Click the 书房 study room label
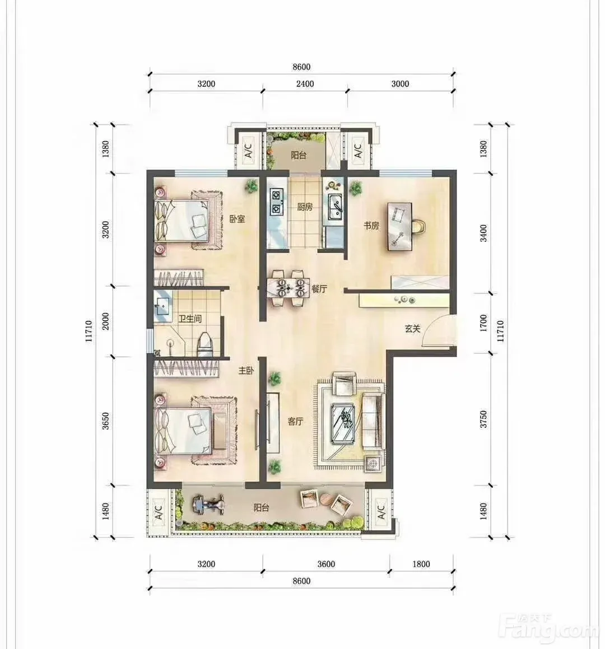pos(371,226)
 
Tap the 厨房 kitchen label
pos(305,207)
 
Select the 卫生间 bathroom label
pos(190,319)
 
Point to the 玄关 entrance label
pos(412,329)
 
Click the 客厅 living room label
pos(296,421)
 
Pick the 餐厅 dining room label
pos(319,289)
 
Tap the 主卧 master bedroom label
pos(246,371)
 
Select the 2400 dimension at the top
pos(305,83)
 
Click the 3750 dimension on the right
pos(483,419)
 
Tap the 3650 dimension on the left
pos(106,421)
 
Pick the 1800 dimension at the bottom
pos(421,564)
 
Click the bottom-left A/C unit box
pos(159,512)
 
